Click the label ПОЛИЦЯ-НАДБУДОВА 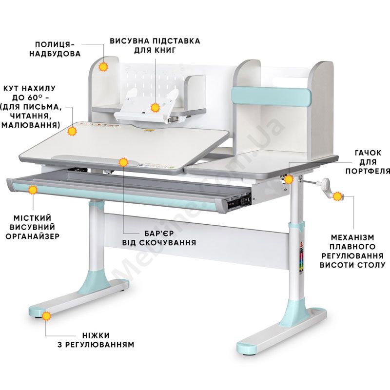[58, 48]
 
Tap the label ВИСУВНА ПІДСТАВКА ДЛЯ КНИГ [155, 45]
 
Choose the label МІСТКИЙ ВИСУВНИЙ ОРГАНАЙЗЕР [33, 227]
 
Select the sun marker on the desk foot [46, 316]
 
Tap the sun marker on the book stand [155, 108]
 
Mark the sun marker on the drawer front [33, 190]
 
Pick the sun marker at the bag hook [290, 179]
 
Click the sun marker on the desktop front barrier [123, 161]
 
